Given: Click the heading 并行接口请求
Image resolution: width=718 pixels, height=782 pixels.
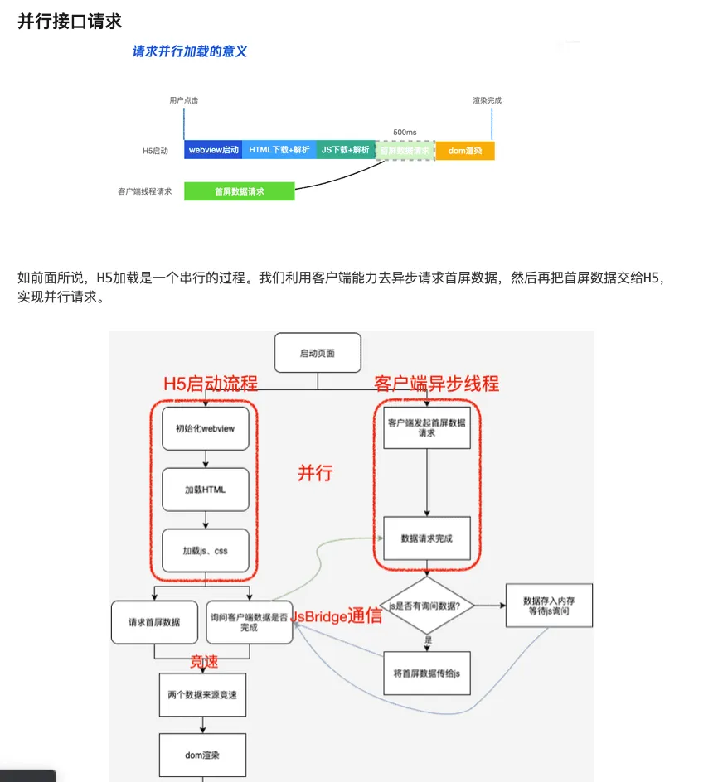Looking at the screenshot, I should coord(70,21).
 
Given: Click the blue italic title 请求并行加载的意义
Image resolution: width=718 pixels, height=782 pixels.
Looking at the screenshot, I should coord(190,51).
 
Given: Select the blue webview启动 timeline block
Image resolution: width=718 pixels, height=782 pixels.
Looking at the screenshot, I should coord(213,150).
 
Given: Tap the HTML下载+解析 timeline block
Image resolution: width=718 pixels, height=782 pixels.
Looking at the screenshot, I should coord(279,150).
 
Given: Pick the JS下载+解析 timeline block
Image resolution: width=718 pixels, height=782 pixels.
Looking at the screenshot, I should coord(345,150).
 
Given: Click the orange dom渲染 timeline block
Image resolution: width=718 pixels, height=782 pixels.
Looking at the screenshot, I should coord(464,150).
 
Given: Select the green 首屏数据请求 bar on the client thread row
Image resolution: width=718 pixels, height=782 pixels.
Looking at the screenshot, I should coord(239,191).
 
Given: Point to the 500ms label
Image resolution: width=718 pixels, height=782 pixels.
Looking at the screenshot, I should coord(405,132).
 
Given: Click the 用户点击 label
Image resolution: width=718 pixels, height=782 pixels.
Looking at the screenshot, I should coord(183,100).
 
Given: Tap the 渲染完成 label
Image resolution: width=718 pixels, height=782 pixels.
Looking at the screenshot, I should coord(487,100).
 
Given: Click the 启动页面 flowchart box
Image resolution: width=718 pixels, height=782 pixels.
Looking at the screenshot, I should coord(318,353).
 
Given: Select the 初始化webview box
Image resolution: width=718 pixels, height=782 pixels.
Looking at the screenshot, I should coord(205,428).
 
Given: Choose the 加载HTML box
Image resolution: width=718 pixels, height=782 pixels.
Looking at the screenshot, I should coord(205,490).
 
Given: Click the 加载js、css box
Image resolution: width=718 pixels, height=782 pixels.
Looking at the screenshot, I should coord(205,550).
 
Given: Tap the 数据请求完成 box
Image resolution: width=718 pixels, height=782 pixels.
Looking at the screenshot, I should coord(426,538).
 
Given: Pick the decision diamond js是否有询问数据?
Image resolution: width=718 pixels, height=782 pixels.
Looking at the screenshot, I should coord(426,606).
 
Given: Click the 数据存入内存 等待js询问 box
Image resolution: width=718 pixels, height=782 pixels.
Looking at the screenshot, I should coord(548,606).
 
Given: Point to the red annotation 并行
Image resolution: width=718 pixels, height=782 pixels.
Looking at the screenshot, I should coord(315,473).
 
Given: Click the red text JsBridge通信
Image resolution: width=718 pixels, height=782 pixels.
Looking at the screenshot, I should coord(336,615).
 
